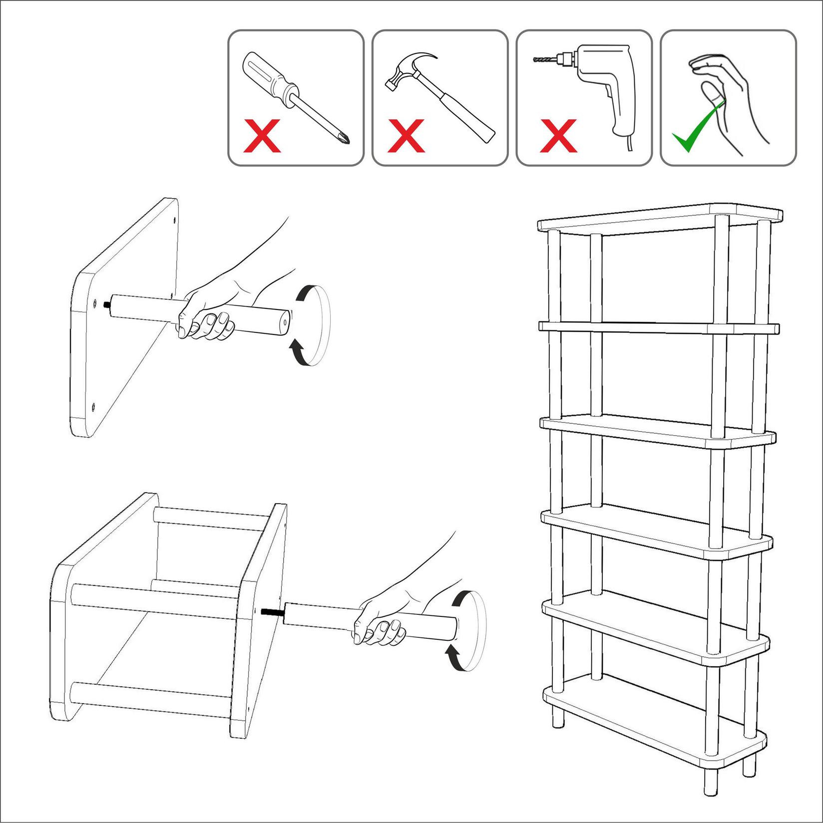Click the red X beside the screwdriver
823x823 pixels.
point(262,136)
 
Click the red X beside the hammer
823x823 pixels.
point(406,136)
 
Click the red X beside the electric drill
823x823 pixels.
point(558,136)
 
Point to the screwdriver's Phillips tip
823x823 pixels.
point(345,137)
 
